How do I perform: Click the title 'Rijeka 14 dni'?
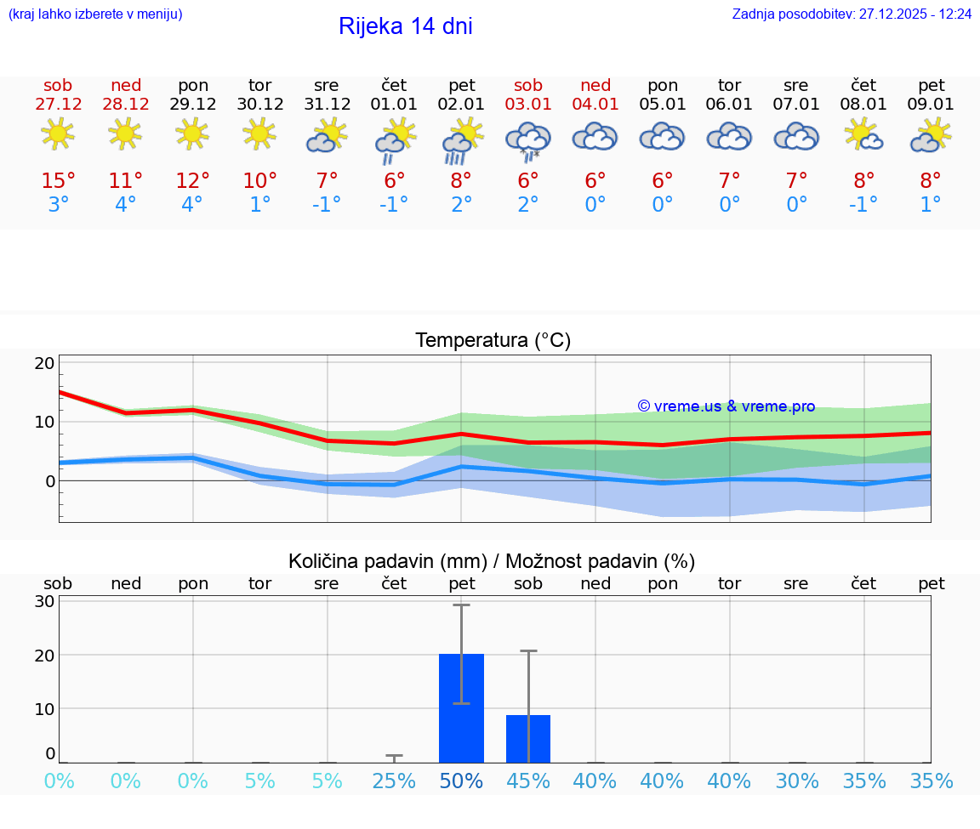point(405,26)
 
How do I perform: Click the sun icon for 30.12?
point(259,133)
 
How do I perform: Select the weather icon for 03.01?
point(528,139)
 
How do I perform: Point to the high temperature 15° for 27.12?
point(59,181)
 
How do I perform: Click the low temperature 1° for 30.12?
point(259,205)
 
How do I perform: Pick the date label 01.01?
point(394,105)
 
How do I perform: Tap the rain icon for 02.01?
point(461,140)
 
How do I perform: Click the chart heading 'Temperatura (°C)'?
point(493,341)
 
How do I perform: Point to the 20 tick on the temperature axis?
point(44,363)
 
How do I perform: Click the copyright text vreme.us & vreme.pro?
point(726,406)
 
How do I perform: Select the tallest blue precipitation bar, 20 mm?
point(461,708)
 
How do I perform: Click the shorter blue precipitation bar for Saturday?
point(528,739)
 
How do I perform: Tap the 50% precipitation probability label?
point(461,781)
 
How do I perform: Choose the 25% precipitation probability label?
point(394,781)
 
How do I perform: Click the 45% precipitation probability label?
point(528,781)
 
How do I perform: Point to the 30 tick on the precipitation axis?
point(44,601)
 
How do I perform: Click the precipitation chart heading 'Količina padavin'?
point(387,561)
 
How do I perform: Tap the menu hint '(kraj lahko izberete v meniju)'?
point(95,14)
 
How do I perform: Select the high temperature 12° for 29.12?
point(193,181)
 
